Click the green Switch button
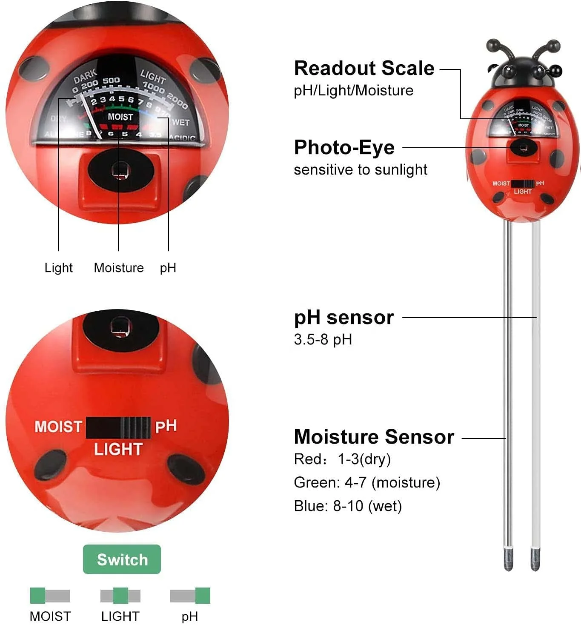(122, 559)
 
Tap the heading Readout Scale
(364, 68)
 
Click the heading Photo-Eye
(344, 147)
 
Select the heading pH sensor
(343, 317)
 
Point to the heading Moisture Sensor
(374, 437)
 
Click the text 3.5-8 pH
(323, 339)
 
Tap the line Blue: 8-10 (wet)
(347, 506)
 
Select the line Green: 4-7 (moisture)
(366, 482)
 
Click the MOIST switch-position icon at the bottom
(50, 596)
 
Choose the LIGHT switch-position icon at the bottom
(120, 596)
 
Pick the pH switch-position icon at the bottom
(190, 596)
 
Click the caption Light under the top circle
(58, 268)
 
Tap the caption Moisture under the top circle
(119, 268)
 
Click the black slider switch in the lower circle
(118, 427)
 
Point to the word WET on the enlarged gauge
(180, 122)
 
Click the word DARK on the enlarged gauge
(85, 77)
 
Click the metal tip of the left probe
(508, 560)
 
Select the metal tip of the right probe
(535, 560)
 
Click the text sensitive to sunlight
(360, 169)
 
